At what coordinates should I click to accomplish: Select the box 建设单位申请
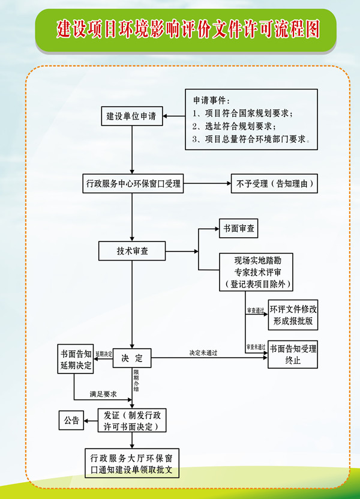click(x=131, y=116)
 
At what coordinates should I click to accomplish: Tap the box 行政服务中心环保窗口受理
click(x=132, y=184)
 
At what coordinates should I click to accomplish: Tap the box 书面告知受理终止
click(x=293, y=355)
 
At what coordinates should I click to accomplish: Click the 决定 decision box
click(x=132, y=358)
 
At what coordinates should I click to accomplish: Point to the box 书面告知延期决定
click(x=76, y=359)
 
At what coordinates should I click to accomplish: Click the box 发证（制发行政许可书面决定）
click(x=131, y=421)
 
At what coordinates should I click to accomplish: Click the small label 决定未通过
click(x=203, y=352)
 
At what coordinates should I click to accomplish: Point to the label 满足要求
click(x=103, y=394)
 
